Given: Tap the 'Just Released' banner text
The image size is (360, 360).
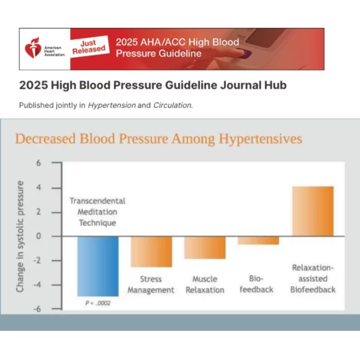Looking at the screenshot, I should coord(88,46).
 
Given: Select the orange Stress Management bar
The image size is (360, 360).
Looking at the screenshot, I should coord(151,251).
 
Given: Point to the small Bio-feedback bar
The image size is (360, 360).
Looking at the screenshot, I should coord(258,240).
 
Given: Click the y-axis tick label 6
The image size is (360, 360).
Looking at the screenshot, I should coord(38,163).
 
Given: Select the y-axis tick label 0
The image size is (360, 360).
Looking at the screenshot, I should coord(38,236).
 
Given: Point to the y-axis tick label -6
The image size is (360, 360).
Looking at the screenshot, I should coord(37,309).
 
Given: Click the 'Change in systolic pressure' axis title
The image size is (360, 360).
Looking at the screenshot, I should coord(20,236).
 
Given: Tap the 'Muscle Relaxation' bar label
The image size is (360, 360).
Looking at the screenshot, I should coord(205,285).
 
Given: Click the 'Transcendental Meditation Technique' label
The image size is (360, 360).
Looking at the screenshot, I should coord(97,212).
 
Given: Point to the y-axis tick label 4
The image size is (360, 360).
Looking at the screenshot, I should coord(38,187).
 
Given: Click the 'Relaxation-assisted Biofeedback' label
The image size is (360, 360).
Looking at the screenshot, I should coord(313,279).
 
